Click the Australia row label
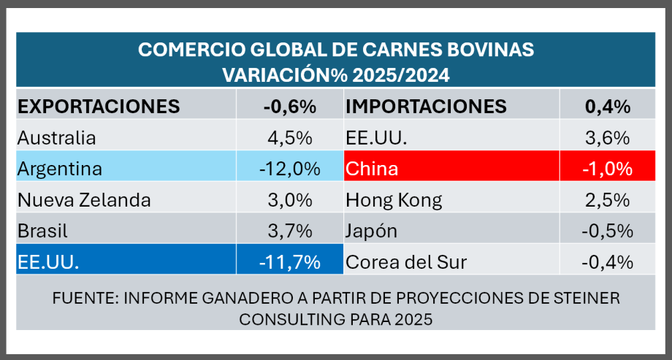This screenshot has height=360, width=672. pyautogui.click(x=56, y=138)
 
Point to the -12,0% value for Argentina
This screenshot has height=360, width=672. pyautogui.click(x=289, y=169)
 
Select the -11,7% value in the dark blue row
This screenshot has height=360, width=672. pyautogui.click(x=289, y=262)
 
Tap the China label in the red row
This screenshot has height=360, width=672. pyautogui.click(x=372, y=169)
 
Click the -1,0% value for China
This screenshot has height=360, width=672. pyautogui.click(x=608, y=169)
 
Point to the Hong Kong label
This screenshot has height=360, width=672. pyautogui.click(x=394, y=200)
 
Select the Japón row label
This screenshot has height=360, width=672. pyautogui.click(x=372, y=231)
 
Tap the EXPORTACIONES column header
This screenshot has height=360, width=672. pyautogui.click(x=98, y=107)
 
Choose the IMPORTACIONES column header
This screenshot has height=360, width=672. pyautogui.click(x=426, y=107)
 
